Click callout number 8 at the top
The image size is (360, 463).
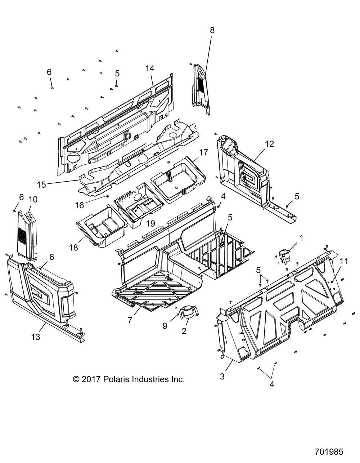(x=212, y=31)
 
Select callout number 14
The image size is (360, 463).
(x=150, y=68)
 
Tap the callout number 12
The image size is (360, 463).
(x=279, y=144)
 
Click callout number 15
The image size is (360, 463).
(x=41, y=184)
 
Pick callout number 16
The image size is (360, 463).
(x=79, y=205)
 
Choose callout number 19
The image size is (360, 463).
(x=150, y=223)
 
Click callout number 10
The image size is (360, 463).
(x=33, y=199)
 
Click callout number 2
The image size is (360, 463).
(x=184, y=330)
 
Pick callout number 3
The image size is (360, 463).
(x=222, y=366)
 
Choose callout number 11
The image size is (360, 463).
(x=344, y=261)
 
